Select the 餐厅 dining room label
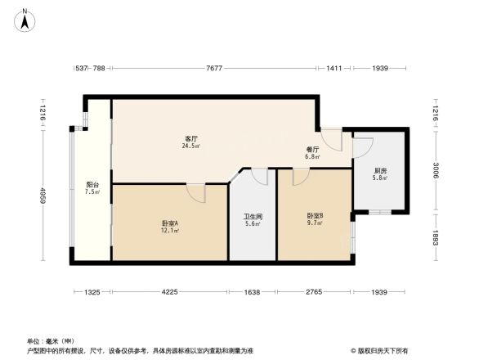tap(312, 150)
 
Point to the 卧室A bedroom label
tap(170, 223)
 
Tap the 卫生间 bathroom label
tap(253, 218)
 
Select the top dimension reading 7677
tap(215, 69)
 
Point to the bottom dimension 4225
tap(169, 292)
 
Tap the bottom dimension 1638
tap(253, 292)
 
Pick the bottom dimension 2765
tap(315, 292)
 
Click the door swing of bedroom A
tap(195, 192)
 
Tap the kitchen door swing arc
tap(362, 148)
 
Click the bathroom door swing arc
tap(260, 176)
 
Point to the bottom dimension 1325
tap(92, 292)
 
